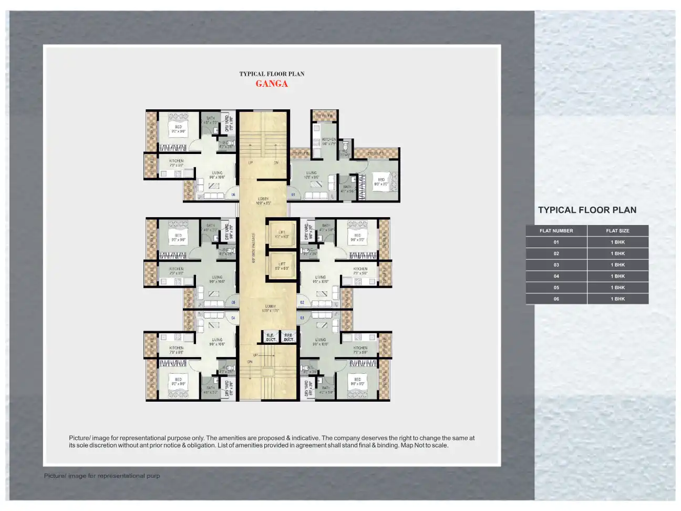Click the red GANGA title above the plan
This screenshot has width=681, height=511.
click(272, 84)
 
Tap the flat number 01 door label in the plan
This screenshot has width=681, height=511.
click(293, 195)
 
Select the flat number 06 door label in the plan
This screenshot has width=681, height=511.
click(233, 195)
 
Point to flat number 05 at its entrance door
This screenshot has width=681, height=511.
click(233, 302)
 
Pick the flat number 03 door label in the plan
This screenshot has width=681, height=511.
click(302, 318)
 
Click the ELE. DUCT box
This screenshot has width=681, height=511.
click(271, 338)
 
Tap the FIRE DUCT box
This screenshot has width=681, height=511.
click(288, 338)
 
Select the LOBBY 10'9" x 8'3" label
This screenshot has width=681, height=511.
click(263, 201)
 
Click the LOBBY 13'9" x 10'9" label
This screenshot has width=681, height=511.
click(270, 308)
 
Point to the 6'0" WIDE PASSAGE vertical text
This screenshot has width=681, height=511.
click(254, 248)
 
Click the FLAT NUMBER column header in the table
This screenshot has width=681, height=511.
click(556, 231)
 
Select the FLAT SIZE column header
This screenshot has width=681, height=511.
click(617, 231)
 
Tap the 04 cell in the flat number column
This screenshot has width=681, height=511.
click(556, 276)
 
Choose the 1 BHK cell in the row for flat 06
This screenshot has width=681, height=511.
click(617, 299)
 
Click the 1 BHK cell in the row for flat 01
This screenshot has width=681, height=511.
click(617, 242)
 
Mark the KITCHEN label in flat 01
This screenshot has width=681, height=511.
click(329, 141)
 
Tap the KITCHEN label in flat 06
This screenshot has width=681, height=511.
click(176, 163)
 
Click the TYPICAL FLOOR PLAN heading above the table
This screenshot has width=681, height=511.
click(587, 210)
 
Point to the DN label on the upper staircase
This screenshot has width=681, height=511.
click(276, 163)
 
